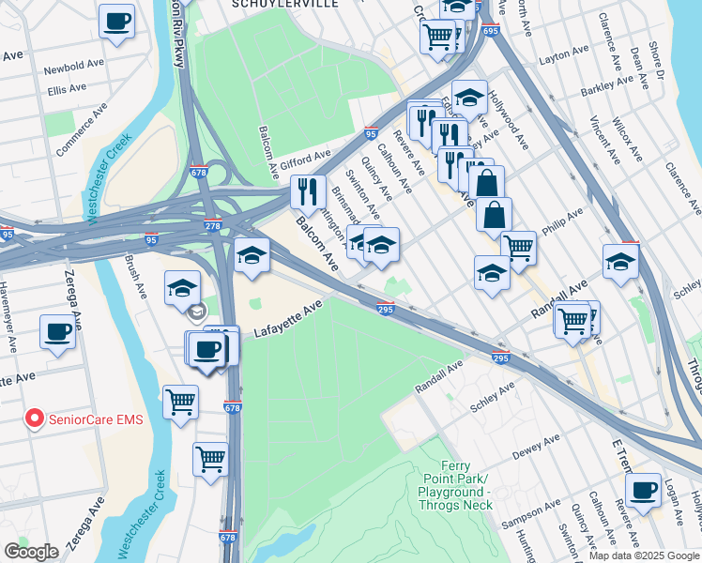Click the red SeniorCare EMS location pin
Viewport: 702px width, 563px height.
(35, 418)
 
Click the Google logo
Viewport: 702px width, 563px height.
(31, 552)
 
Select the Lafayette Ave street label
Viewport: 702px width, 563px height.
(288, 319)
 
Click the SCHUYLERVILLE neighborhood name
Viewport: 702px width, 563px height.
(280, 4)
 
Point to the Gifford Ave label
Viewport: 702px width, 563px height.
(306, 155)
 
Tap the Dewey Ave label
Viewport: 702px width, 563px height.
(536, 444)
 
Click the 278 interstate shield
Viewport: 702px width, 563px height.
(213, 225)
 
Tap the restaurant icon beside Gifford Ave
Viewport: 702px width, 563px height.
(307, 191)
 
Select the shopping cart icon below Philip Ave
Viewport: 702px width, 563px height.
(518, 247)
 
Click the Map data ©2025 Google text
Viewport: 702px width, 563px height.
(643, 555)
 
